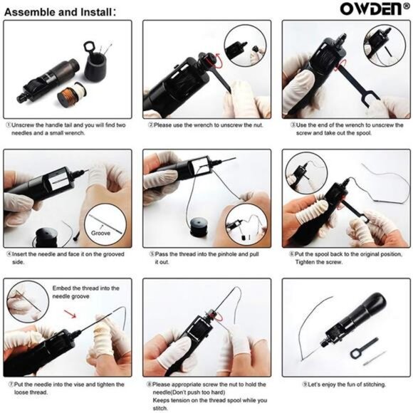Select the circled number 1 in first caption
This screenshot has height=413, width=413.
8,124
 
